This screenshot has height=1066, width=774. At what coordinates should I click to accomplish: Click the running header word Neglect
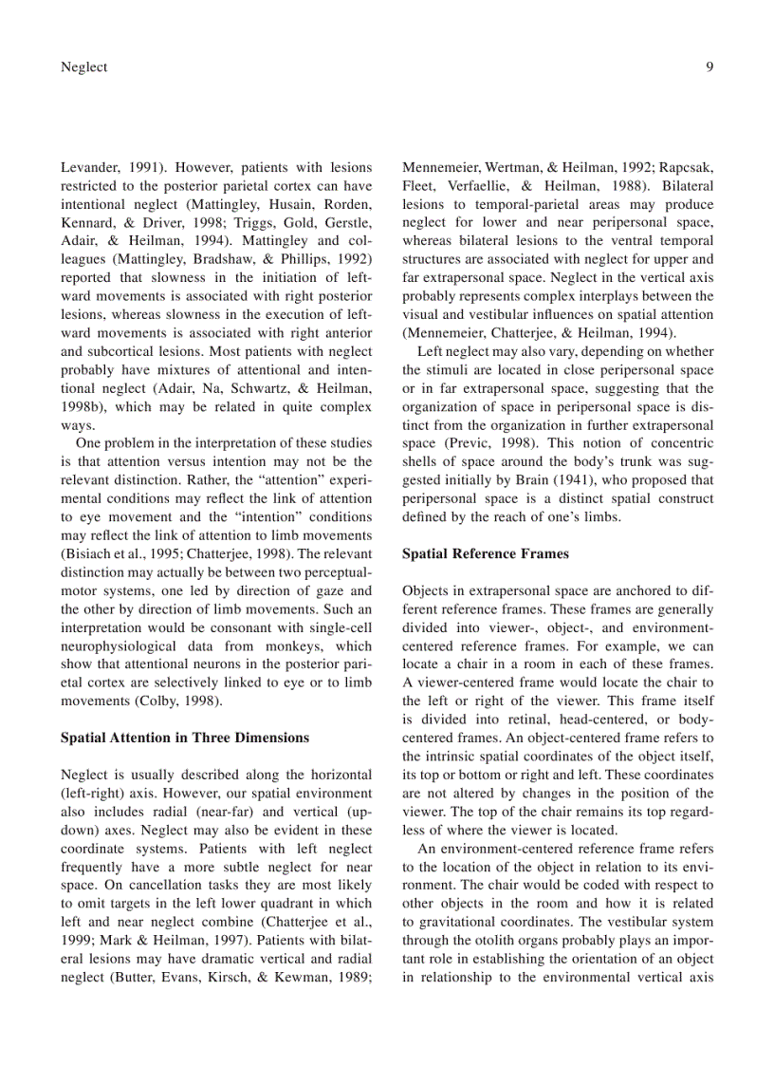coord(83,66)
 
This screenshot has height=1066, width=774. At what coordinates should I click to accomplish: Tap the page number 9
coord(709,66)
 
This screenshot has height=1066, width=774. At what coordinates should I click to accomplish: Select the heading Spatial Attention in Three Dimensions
coord(184,738)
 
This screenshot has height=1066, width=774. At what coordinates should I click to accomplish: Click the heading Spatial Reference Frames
coord(485,553)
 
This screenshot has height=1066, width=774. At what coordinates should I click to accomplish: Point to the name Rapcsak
coord(687,168)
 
